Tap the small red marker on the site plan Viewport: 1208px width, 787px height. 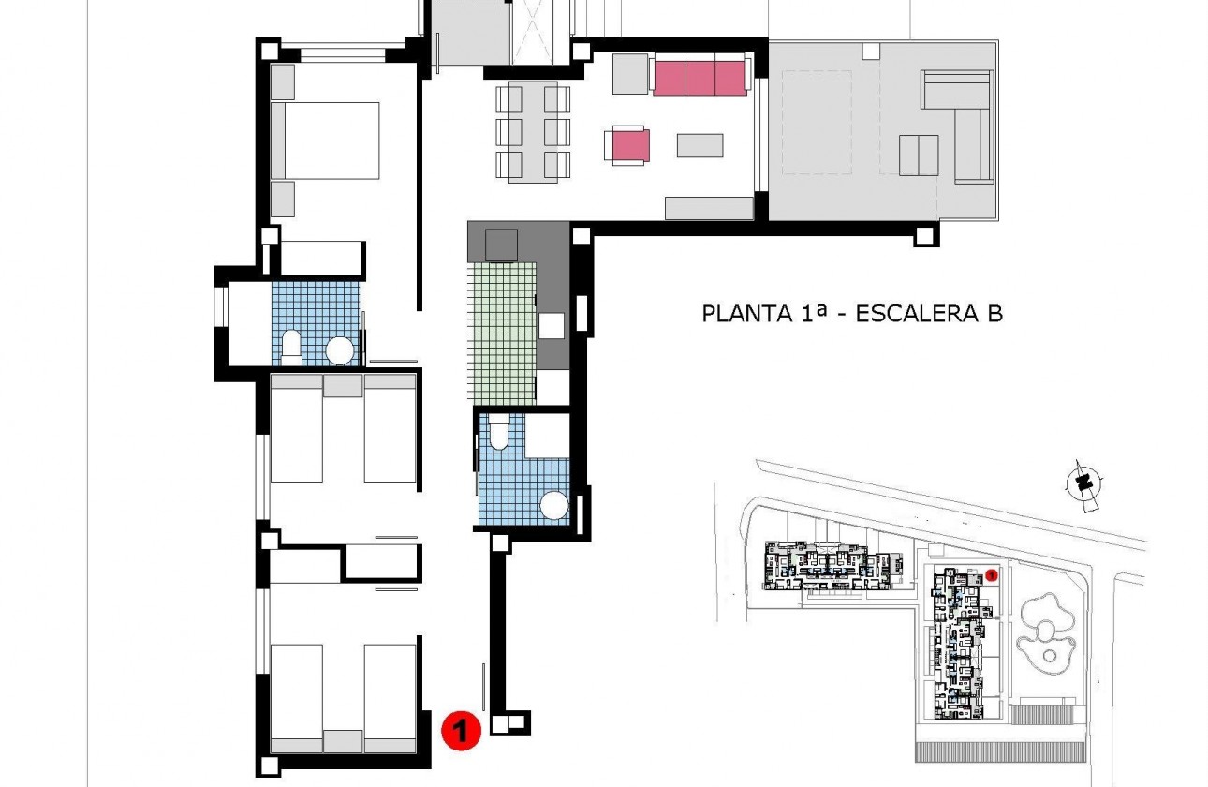[991, 573]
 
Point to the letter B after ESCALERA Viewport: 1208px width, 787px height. [994, 313]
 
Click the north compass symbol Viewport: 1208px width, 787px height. [1083, 483]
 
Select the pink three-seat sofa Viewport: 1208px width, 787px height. [700, 75]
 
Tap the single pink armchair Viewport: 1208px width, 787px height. [627, 146]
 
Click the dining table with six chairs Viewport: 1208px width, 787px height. [533, 131]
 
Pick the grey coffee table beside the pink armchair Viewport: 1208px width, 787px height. [700, 145]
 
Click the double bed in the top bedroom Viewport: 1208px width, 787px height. [325, 141]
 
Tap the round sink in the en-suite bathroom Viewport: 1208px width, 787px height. [340, 351]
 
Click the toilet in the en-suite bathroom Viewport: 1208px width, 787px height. [290, 347]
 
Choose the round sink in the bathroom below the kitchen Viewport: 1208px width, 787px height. [555, 506]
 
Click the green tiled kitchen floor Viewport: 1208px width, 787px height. [501, 333]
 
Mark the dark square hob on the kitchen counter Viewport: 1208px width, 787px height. [502, 245]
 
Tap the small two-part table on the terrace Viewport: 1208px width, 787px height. [918, 155]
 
